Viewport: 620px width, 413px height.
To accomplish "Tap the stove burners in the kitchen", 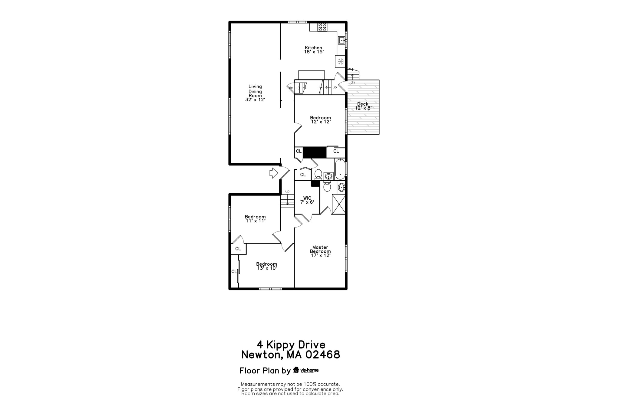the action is (x=322, y=27).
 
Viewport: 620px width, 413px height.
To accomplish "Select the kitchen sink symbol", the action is (x=341, y=40).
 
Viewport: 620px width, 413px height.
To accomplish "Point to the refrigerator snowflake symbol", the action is (x=341, y=61).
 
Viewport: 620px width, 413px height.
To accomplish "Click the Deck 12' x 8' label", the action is (x=363, y=106).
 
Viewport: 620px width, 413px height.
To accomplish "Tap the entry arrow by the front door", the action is (x=274, y=173).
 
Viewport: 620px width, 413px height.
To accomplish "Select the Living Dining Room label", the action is (x=255, y=93).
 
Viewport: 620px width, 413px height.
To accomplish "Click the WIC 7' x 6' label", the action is (x=307, y=200).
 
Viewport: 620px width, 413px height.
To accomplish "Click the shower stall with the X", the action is (x=339, y=204).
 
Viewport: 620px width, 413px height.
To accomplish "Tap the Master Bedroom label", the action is (x=320, y=251).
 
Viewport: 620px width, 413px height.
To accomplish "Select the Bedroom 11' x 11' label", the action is (x=255, y=219).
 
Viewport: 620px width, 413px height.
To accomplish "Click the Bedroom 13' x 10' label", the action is (x=266, y=266).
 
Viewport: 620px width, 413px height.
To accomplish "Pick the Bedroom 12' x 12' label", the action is (x=321, y=120).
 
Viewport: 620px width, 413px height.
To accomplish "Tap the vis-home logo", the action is (x=306, y=370).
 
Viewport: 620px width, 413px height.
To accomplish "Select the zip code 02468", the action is (x=323, y=355).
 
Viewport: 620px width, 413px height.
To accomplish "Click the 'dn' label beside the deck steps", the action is (x=353, y=82).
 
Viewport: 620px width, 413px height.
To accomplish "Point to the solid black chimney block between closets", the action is (x=315, y=152).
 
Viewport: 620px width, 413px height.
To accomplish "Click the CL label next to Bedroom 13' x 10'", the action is (x=234, y=272).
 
